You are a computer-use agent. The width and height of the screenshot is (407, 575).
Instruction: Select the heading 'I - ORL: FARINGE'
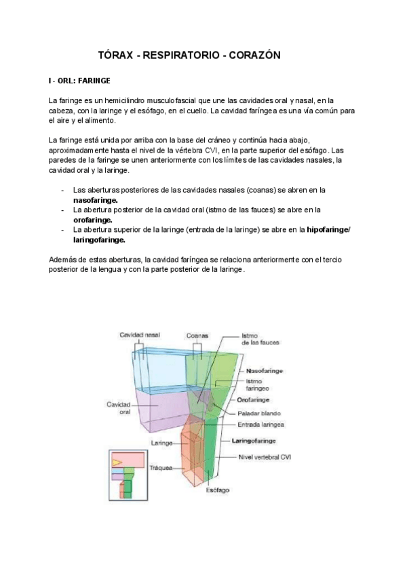79,81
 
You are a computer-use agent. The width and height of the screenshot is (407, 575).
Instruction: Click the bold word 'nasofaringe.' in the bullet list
95,201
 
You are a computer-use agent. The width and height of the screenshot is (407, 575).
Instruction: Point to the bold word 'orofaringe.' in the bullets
93,220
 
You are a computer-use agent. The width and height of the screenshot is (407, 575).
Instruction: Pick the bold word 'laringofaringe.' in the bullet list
99,239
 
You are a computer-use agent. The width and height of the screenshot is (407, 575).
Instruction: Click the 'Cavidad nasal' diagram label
140,335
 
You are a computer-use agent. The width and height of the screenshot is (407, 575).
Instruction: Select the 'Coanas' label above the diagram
198,335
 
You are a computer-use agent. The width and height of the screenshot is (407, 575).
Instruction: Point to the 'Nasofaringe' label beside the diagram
265,372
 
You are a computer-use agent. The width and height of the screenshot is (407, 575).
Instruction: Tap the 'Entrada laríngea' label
261,425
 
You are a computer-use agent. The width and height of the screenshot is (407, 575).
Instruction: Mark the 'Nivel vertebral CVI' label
265,456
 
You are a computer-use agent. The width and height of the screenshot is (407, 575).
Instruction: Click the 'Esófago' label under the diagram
218,490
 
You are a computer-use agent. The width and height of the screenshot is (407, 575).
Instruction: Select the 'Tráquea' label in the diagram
161,467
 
